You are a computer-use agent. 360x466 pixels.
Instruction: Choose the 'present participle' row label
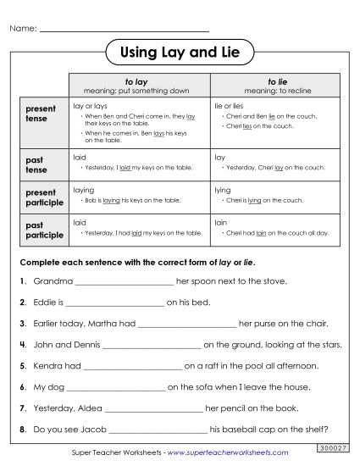43,197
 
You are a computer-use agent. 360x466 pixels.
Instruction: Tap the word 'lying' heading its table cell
223,191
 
